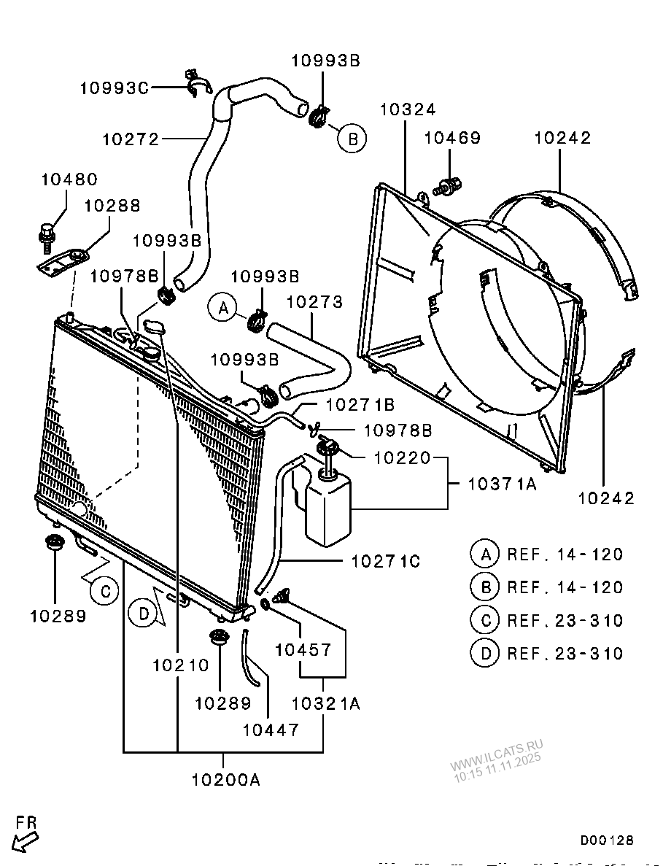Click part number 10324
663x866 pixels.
(408, 109)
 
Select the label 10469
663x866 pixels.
(452, 137)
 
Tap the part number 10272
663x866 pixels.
(131, 139)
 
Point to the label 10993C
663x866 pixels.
(115, 88)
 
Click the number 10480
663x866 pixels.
(69, 179)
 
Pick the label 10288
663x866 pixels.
(112, 206)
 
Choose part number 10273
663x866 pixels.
(314, 302)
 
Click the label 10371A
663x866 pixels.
(502, 484)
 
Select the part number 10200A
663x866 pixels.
(226, 780)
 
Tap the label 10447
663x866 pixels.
(271, 730)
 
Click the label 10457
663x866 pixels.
(303, 650)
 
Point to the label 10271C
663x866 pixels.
(386, 562)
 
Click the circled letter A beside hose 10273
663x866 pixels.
(222, 308)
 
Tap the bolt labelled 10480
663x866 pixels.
(46, 233)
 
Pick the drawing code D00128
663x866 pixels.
(607, 840)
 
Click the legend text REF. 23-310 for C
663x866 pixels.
(565, 620)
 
